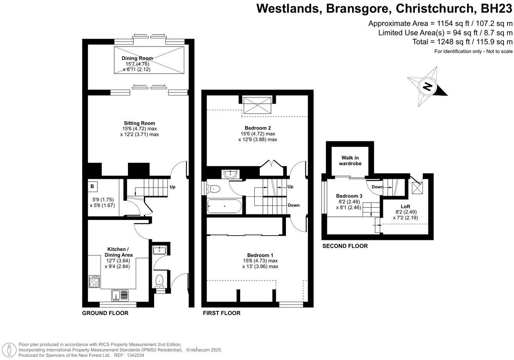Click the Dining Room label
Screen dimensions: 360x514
tap(137, 58)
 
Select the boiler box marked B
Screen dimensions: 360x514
tap(92, 187)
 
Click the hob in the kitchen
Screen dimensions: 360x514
tap(94, 282)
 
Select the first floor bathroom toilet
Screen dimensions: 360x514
tap(214, 189)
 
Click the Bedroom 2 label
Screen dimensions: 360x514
tap(258, 128)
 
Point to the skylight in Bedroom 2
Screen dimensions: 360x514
tap(257, 104)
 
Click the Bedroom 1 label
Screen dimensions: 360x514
tap(260, 255)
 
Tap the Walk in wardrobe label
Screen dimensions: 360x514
tap(350, 161)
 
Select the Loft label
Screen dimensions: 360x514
tap(405, 206)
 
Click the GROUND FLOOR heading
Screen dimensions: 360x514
tap(105, 313)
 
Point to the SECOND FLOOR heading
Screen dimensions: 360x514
tap(345, 246)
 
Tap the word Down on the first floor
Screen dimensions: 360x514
tap(294, 205)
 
